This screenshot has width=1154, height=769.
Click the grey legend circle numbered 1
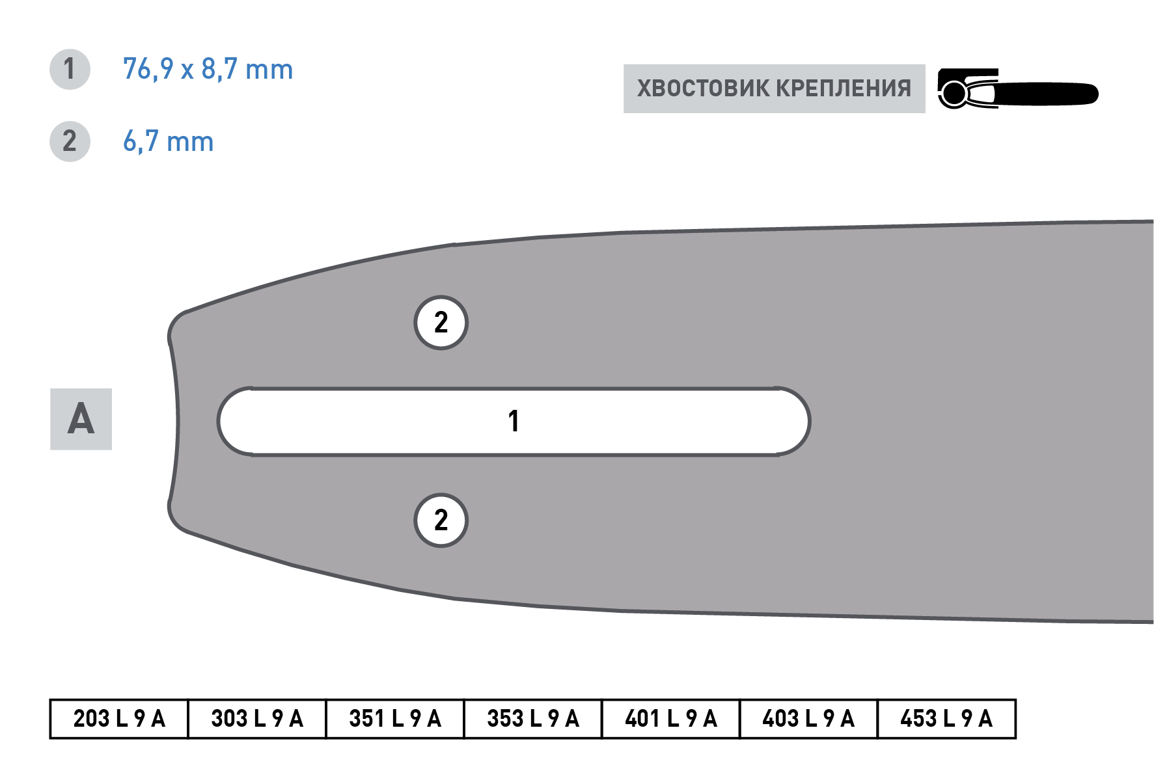pyautogui.click(x=70, y=70)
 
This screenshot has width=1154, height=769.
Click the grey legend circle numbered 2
pyautogui.click(x=70, y=141)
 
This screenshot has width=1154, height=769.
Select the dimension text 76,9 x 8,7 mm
pyautogui.click(x=208, y=70)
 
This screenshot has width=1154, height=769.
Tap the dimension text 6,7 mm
pyautogui.click(x=169, y=142)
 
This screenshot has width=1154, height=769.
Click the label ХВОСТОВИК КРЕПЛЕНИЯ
pyautogui.click(x=774, y=88)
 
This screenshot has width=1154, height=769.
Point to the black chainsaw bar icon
pyautogui.click(x=1017, y=88)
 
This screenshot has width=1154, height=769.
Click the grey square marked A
pyautogui.click(x=81, y=419)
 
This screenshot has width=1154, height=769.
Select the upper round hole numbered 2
pyautogui.click(x=441, y=323)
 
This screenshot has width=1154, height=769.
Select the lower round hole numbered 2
pyautogui.click(x=441, y=520)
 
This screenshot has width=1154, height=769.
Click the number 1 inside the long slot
pyautogui.click(x=514, y=421)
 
